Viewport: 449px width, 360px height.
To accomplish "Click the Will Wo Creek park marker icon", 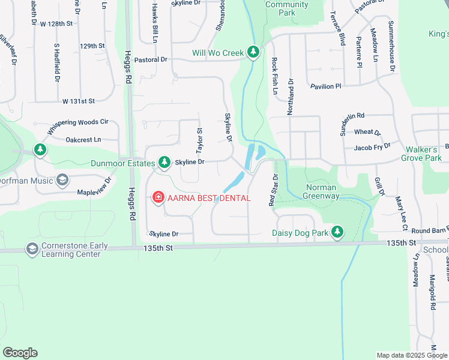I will pyautogui.click(x=253, y=53).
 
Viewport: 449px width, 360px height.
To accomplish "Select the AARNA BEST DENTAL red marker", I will pyautogui.click(x=158, y=197).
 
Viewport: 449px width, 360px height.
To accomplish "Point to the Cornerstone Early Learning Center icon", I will pyautogui.click(x=32, y=248).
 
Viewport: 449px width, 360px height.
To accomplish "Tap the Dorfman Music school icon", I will pyautogui.click(x=62, y=180).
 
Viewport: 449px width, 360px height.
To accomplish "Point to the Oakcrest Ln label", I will pyautogui.click(x=84, y=139).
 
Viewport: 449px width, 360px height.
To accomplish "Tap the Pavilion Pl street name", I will pyautogui.click(x=326, y=86).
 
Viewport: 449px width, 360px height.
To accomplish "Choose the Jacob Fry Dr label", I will pyautogui.click(x=372, y=146).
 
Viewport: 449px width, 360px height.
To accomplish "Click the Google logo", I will pyautogui.click(x=20, y=353).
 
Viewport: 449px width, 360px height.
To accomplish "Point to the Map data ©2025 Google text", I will pyautogui.click(x=411, y=355).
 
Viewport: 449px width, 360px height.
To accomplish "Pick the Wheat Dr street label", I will pyautogui.click(x=367, y=132).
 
